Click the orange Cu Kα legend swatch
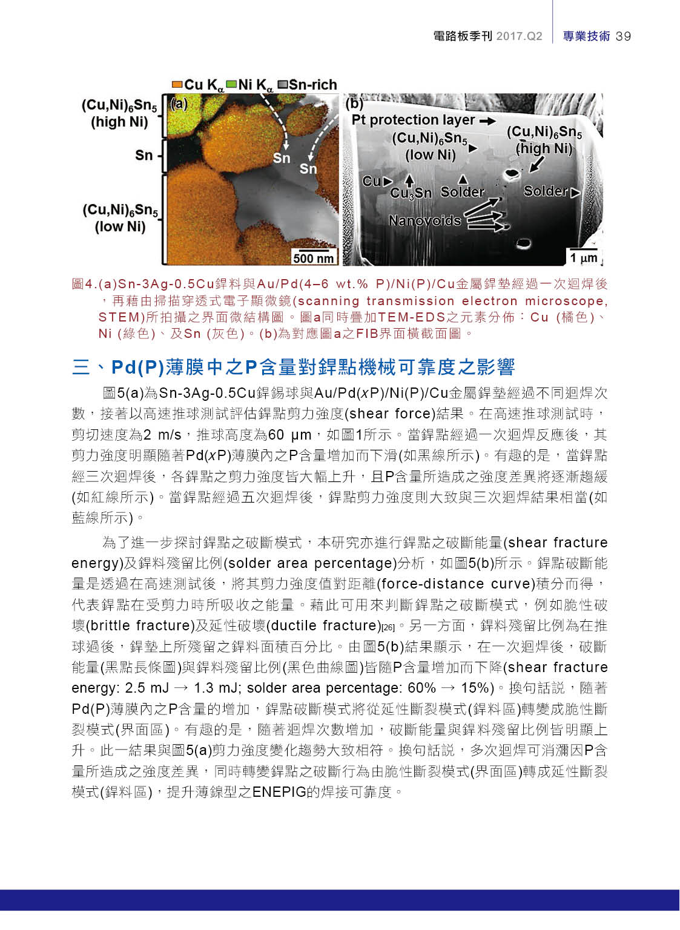[177, 85]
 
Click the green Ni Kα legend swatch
[231, 85]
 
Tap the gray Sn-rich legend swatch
[282, 85]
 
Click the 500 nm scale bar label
[313, 259]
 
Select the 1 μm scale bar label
[583, 258]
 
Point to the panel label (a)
[179, 104]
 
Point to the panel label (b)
[354, 103]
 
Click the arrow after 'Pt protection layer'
[487, 121]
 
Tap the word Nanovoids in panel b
[424, 220]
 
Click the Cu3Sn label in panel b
[411, 193]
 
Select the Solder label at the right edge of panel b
[546, 191]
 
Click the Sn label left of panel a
[144, 156]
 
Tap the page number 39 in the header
[623, 36]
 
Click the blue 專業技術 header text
[586, 36]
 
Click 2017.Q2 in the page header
[519, 36]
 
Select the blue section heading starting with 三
[294, 367]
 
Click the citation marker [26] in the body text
[388, 627]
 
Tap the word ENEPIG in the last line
[279, 792]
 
